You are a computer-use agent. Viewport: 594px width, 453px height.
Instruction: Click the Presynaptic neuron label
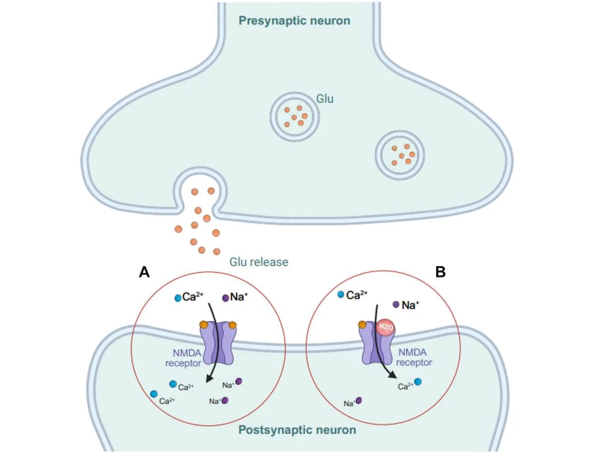294,21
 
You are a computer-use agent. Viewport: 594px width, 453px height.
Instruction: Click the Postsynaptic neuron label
297,429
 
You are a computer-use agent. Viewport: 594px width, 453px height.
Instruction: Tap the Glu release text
258,262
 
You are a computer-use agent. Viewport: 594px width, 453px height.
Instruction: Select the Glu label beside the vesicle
325,99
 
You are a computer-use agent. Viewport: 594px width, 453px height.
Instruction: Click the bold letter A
144,272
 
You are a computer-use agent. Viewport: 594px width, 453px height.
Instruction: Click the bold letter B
440,272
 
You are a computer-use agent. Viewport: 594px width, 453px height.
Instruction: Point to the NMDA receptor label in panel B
414,357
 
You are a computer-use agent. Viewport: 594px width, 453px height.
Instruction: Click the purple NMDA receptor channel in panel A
218,344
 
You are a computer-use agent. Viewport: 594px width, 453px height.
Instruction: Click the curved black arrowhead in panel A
209,378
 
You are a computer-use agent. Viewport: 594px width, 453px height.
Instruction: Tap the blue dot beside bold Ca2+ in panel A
178,298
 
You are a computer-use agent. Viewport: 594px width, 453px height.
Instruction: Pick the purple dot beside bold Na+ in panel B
396,305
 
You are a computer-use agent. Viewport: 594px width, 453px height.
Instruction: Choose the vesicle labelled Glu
294,115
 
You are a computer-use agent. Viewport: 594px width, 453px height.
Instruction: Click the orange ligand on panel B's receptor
362,324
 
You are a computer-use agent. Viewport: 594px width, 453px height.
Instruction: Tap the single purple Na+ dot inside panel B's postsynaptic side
359,401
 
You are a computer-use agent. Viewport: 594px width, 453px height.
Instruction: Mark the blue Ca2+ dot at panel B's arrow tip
418,382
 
